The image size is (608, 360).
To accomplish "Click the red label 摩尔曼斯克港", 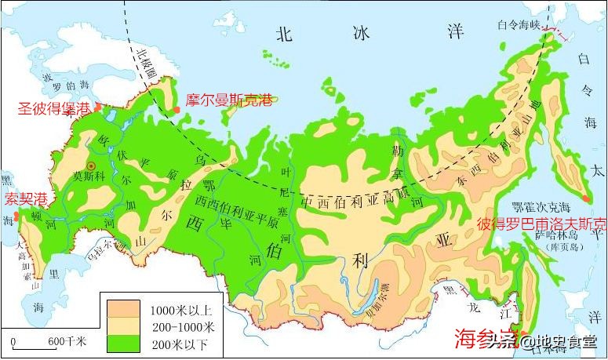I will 229,100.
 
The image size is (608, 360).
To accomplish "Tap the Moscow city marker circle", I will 91,165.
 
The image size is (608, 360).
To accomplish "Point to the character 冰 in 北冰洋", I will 359,32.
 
